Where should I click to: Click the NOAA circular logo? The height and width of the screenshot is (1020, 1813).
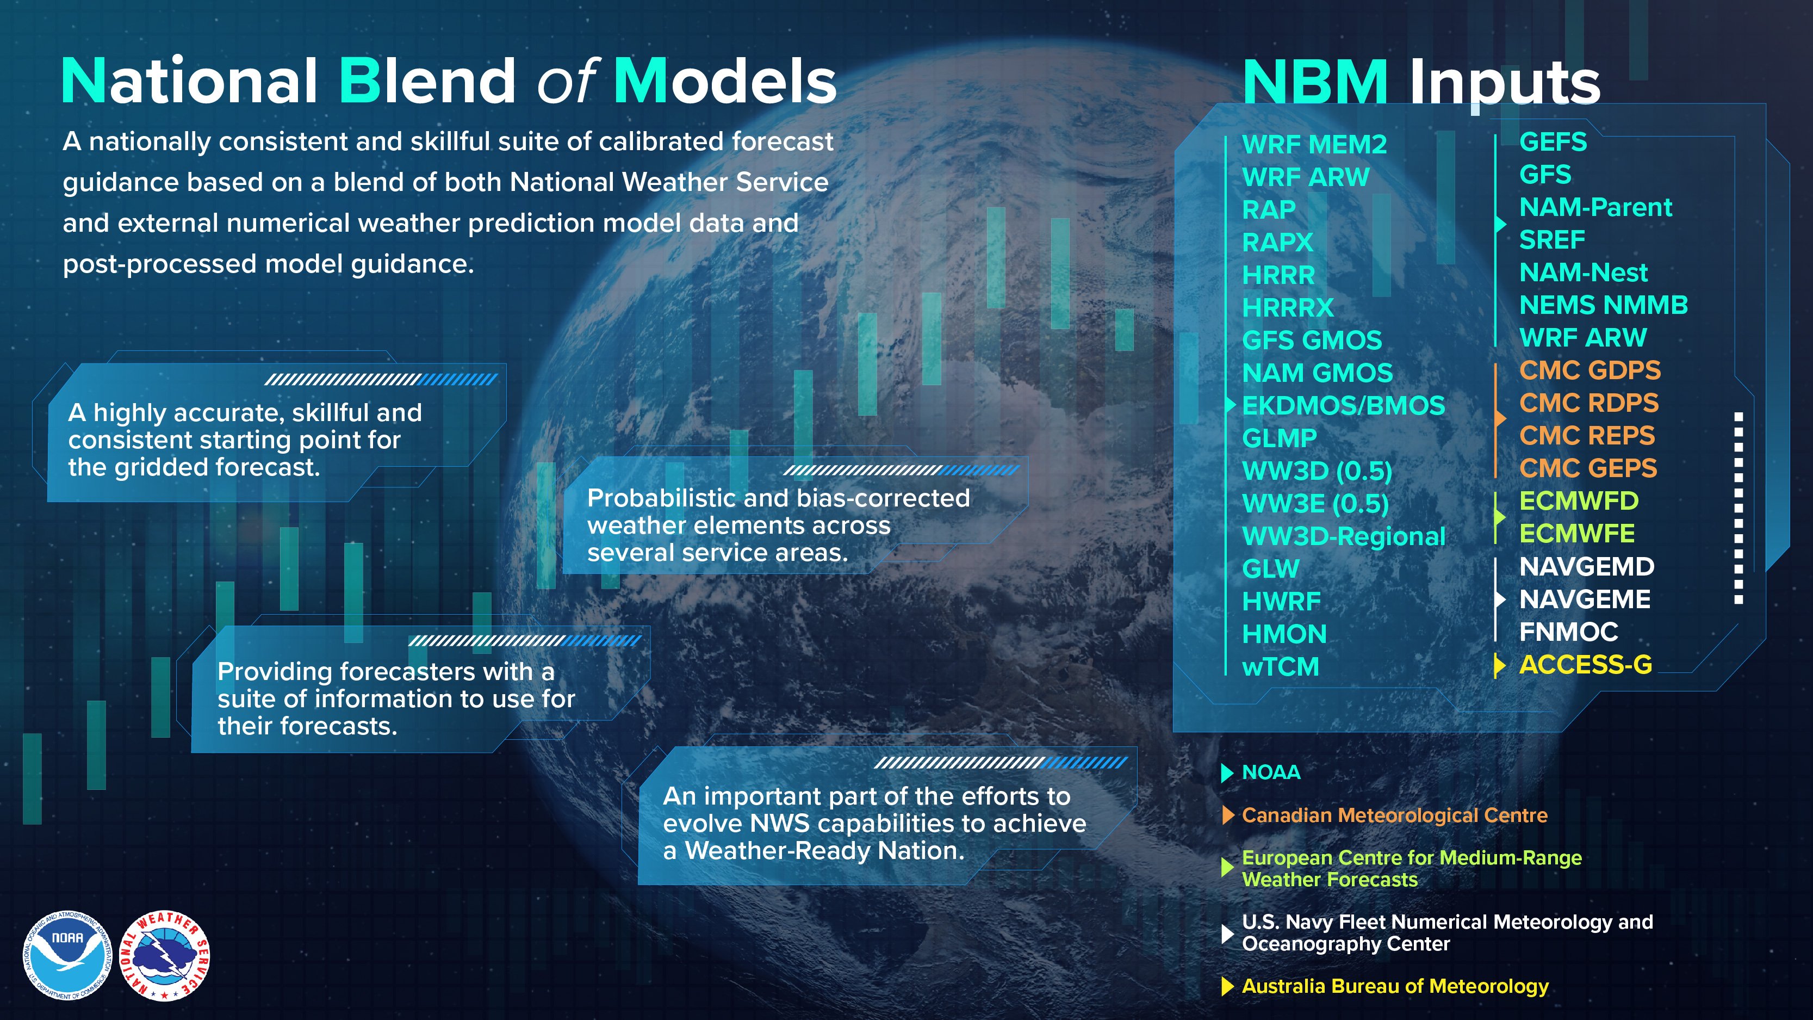click(67, 956)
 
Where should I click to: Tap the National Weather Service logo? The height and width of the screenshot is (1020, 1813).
click(165, 956)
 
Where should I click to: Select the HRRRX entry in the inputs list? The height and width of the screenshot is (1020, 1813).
click(1287, 307)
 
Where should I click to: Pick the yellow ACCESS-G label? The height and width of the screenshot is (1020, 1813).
click(1585, 665)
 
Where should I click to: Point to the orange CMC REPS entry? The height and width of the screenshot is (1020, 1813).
click(1586, 436)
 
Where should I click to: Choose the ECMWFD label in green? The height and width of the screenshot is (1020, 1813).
click(1579, 501)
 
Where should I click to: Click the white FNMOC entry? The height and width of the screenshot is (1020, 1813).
click(1568, 632)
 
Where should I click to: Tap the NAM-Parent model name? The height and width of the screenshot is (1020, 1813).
click(1595, 208)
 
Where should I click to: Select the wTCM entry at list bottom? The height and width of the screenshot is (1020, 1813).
click(1280, 666)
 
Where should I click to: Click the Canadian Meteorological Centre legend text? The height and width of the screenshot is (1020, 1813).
click(1394, 815)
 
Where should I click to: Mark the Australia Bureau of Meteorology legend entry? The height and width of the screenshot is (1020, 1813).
click(1395, 986)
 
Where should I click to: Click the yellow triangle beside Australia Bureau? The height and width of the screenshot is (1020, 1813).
click(1227, 987)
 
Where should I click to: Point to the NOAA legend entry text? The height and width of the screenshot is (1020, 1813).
click(1271, 772)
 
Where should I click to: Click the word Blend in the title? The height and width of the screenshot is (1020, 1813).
click(428, 81)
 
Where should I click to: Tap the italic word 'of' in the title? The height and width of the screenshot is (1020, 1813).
click(565, 81)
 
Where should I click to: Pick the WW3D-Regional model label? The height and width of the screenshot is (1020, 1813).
click(1343, 536)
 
